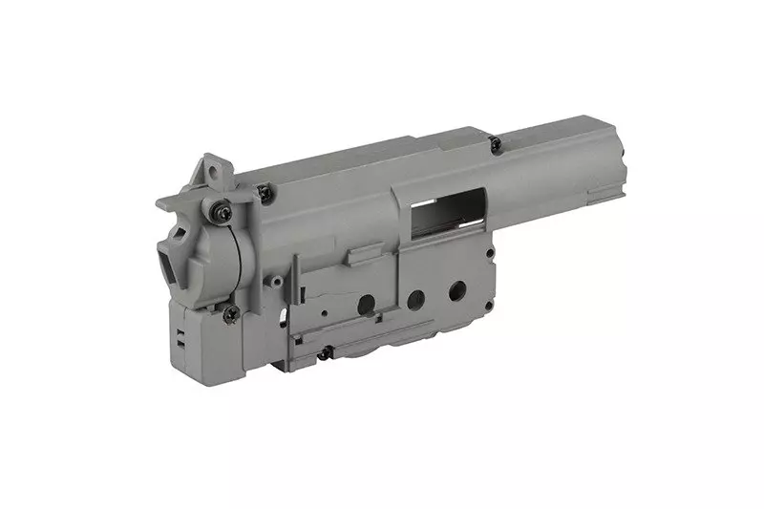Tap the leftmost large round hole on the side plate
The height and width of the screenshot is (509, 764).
pos(366,304)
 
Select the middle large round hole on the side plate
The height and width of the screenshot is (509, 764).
pos(414,300)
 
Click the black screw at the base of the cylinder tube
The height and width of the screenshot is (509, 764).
pos(495,144)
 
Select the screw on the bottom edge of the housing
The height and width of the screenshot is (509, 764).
pos(325,353)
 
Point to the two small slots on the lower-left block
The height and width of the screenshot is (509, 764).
pos(180,334)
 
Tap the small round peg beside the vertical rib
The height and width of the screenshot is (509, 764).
pos(276,283)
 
